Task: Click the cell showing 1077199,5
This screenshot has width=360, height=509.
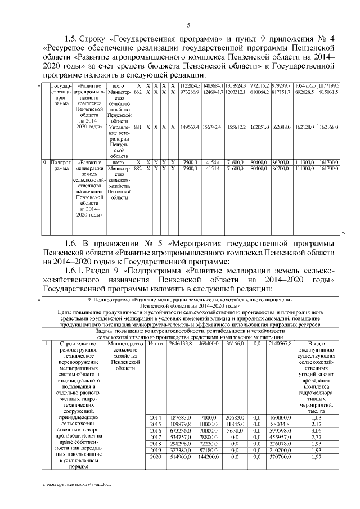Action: tap(328, 85)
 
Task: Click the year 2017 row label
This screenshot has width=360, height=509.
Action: tap(157, 436)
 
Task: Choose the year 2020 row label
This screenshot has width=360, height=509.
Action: tap(157, 458)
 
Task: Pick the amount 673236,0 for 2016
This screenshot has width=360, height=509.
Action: tap(180, 429)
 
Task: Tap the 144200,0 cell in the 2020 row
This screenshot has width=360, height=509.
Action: tap(208, 458)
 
